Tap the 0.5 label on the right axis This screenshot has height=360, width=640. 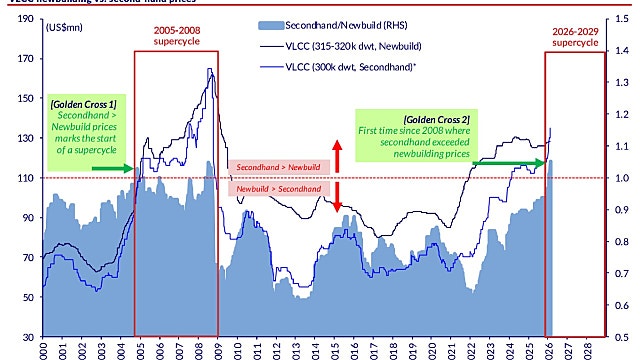[622, 337]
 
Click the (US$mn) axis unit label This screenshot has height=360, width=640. [66, 27]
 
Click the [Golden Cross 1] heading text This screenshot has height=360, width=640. [83, 103]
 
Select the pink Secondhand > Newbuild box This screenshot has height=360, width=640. [273, 166]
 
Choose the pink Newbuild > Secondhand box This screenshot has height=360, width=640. [273, 188]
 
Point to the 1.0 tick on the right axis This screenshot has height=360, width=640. [622, 178]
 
